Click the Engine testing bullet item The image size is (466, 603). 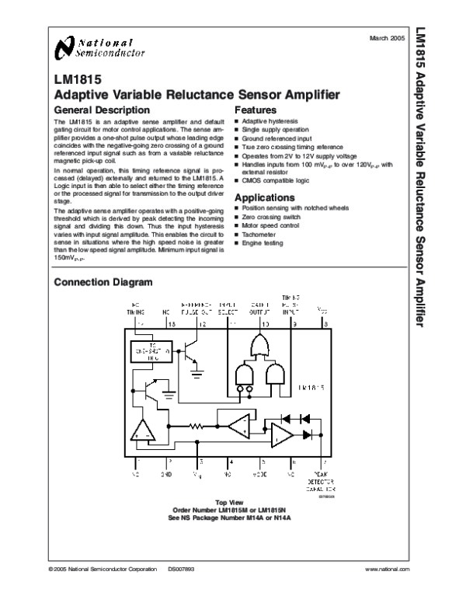pos(264,244)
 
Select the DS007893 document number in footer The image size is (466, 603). pos(182,571)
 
